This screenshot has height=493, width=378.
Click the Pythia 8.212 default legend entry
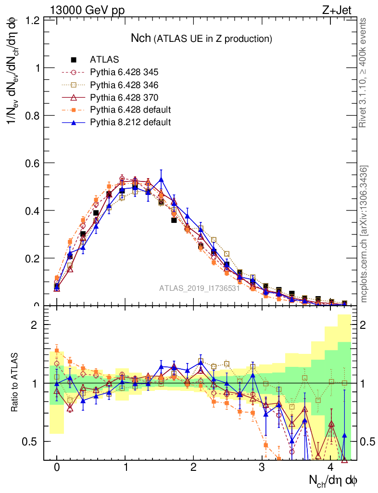[x=130, y=122]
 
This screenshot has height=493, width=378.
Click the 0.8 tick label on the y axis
[x=32, y=116]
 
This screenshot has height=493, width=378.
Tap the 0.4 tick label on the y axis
[x=32, y=211]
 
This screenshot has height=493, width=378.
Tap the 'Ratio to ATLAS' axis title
[x=15, y=383]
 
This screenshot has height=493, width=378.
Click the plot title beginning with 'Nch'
[x=202, y=38]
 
